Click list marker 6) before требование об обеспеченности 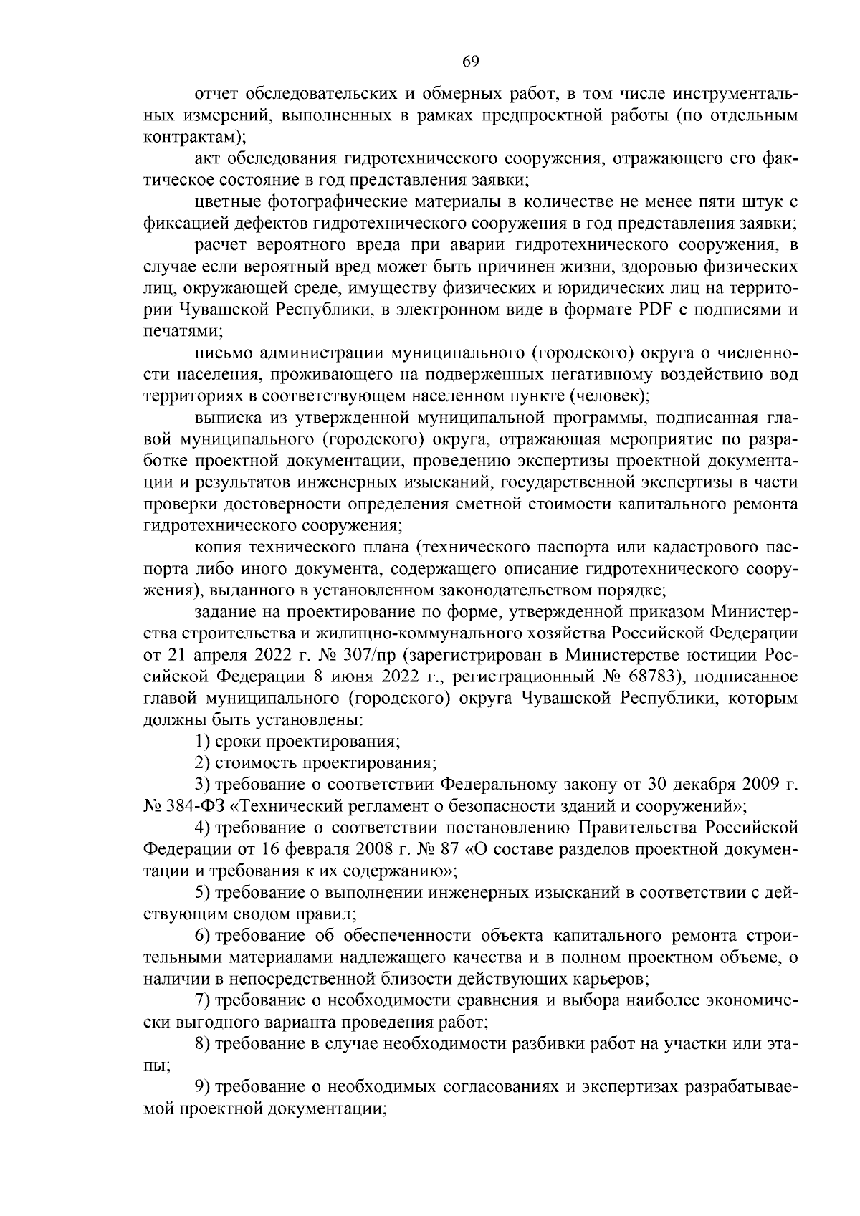(202, 936)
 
